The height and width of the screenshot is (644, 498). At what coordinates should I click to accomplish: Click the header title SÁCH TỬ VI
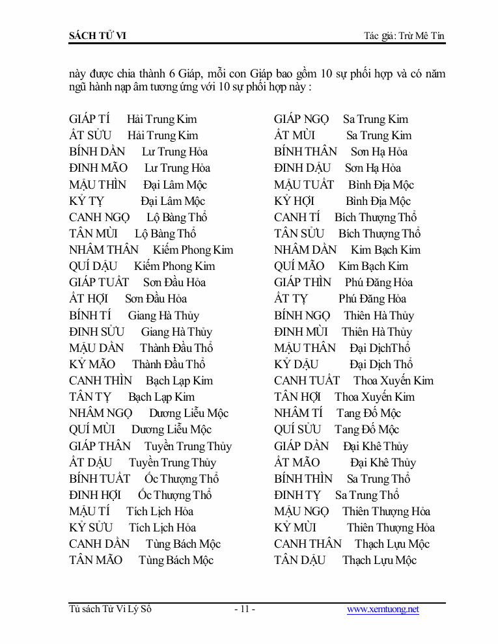tap(98, 36)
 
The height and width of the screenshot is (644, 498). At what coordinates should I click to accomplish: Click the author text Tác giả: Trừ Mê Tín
tap(404, 36)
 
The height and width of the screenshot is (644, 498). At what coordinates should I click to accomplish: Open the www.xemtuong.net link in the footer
tap(383, 610)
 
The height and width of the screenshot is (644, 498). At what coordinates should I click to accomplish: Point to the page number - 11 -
tap(244, 610)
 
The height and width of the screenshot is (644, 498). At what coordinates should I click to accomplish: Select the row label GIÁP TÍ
tap(89, 119)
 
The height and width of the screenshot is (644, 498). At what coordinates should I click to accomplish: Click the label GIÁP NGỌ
tap(302, 119)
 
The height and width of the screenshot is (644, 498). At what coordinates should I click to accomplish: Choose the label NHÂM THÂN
tap(104, 250)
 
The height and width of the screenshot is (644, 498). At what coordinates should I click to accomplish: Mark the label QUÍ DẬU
tap(94, 266)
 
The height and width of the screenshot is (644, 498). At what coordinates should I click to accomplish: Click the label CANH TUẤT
tap(307, 381)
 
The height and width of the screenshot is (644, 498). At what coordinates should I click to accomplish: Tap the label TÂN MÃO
tap(96, 560)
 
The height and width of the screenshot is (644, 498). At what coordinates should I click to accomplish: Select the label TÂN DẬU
tap(300, 560)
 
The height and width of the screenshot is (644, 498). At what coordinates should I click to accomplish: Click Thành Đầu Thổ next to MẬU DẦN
tap(176, 348)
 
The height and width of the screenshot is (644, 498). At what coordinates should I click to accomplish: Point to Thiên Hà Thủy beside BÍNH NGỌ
tap(379, 315)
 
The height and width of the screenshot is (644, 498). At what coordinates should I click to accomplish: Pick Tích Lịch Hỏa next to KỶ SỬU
tap(162, 528)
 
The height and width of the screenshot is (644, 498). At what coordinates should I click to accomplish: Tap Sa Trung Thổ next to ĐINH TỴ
tap(367, 495)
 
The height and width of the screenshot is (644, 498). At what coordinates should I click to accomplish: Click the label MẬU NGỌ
tap(301, 511)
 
